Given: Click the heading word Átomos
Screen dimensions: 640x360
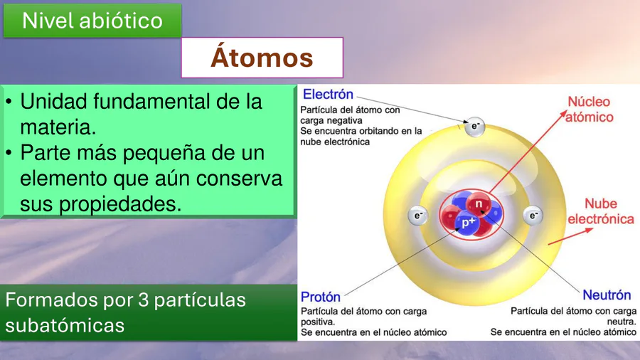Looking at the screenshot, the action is pos(262,57).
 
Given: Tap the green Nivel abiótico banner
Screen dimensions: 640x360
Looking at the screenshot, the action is pos(92,21).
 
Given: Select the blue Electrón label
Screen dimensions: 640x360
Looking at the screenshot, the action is pos(328,95).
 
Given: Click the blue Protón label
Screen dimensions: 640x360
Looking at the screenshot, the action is pos(321,297).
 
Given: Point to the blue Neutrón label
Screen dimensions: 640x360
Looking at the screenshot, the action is pos(607,295).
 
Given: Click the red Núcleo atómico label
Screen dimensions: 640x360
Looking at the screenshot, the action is pos(589,110).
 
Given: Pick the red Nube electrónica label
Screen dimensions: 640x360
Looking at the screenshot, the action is pos(601,211).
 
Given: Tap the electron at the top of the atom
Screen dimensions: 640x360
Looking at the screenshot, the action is pos(475,126).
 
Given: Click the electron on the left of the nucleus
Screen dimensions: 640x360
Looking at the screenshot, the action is pos(418,216).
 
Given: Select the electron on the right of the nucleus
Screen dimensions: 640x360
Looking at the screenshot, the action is pos(533,215).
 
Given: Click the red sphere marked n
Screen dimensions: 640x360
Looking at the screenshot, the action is pos(479,203).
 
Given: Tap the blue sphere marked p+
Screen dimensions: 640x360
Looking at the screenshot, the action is pos(468,223).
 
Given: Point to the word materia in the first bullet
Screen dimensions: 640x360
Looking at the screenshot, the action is pos(58,127).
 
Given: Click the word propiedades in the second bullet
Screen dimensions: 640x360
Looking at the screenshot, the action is pos(120,204).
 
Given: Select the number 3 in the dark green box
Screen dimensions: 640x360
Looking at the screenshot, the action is pos(143,300).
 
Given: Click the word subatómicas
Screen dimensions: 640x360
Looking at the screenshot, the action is pos(65,326).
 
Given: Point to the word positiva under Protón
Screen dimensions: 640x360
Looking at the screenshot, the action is pos(318,322).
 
